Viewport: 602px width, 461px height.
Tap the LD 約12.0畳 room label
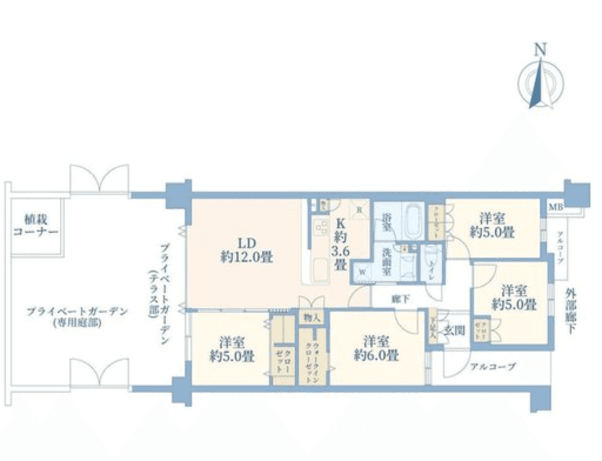click(x=245, y=250)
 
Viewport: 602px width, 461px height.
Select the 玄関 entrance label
click(x=454, y=330)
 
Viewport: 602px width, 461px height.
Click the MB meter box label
click(x=554, y=207)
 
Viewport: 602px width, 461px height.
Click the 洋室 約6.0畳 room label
click(x=377, y=348)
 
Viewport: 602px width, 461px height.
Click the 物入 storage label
click(x=312, y=318)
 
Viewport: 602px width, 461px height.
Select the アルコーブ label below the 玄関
click(x=492, y=367)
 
